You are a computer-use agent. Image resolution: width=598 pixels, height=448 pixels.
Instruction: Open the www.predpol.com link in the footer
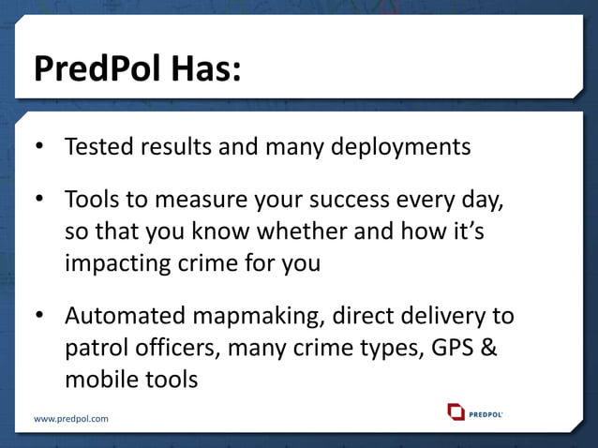tap(71, 418)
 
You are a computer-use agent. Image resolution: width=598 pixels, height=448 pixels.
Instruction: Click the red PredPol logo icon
tap(456, 411)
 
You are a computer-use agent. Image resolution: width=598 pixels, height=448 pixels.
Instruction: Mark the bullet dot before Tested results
tap(39, 148)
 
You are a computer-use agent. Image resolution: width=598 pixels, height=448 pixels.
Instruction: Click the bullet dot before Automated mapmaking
tap(39, 318)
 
